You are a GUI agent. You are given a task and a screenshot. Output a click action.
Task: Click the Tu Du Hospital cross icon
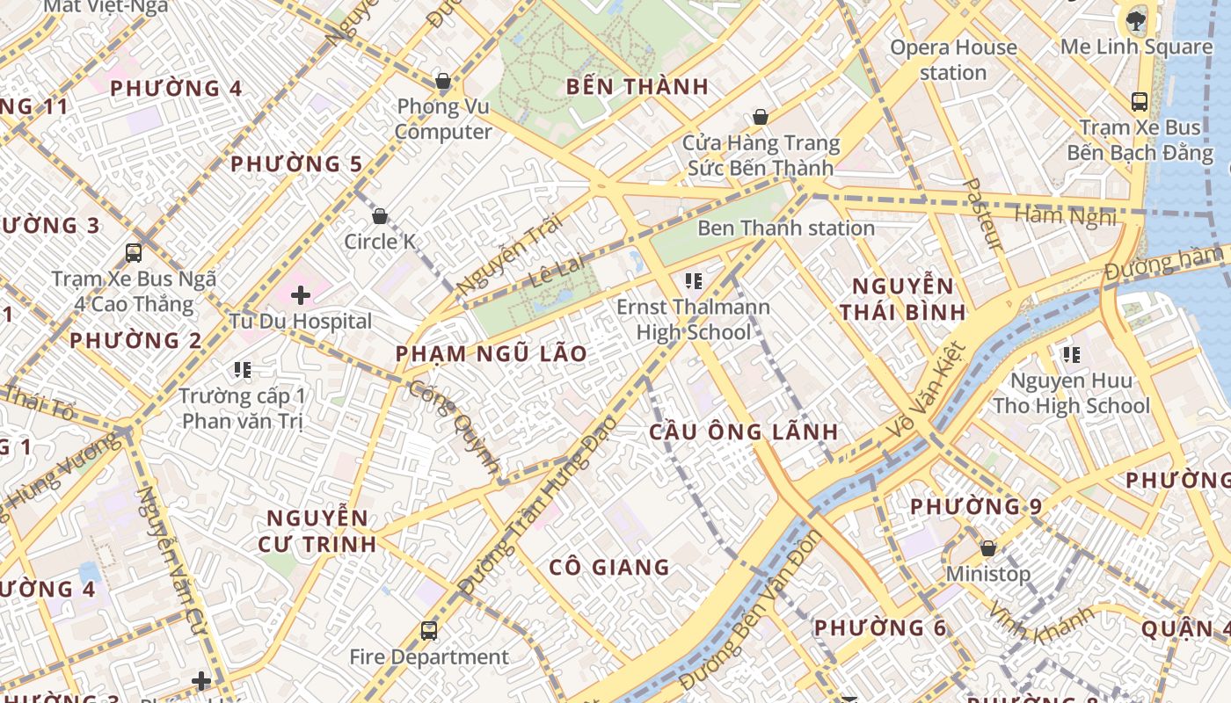[301, 295]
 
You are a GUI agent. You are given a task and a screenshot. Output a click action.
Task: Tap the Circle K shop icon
[380, 216]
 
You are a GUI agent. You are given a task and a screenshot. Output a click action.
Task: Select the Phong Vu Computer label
[443, 120]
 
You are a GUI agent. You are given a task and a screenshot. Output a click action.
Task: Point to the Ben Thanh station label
[785, 228]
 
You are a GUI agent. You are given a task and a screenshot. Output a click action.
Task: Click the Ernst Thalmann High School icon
[693, 281]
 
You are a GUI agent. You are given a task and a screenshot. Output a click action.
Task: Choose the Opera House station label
[953, 60]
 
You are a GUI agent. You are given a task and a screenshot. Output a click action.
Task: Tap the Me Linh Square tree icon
[1136, 20]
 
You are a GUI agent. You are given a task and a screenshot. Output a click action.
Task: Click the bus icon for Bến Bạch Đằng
[1140, 102]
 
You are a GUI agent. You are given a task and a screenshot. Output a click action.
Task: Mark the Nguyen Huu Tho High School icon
[1071, 355]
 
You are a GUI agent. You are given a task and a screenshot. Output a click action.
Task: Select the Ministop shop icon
[988, 548]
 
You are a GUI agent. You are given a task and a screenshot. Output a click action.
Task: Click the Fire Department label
[429, 657]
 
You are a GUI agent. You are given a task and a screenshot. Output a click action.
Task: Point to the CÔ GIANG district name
[609, 568]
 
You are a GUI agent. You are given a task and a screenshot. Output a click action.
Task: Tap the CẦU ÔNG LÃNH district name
[744, 432]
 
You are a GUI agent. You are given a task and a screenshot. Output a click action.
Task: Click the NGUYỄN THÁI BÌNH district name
[902, 299]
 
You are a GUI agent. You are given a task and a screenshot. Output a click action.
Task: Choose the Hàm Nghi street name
[1066, 216]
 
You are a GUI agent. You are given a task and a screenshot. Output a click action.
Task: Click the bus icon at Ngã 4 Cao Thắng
[134, 253]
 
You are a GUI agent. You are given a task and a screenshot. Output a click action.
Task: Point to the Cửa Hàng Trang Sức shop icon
[761, 117]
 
